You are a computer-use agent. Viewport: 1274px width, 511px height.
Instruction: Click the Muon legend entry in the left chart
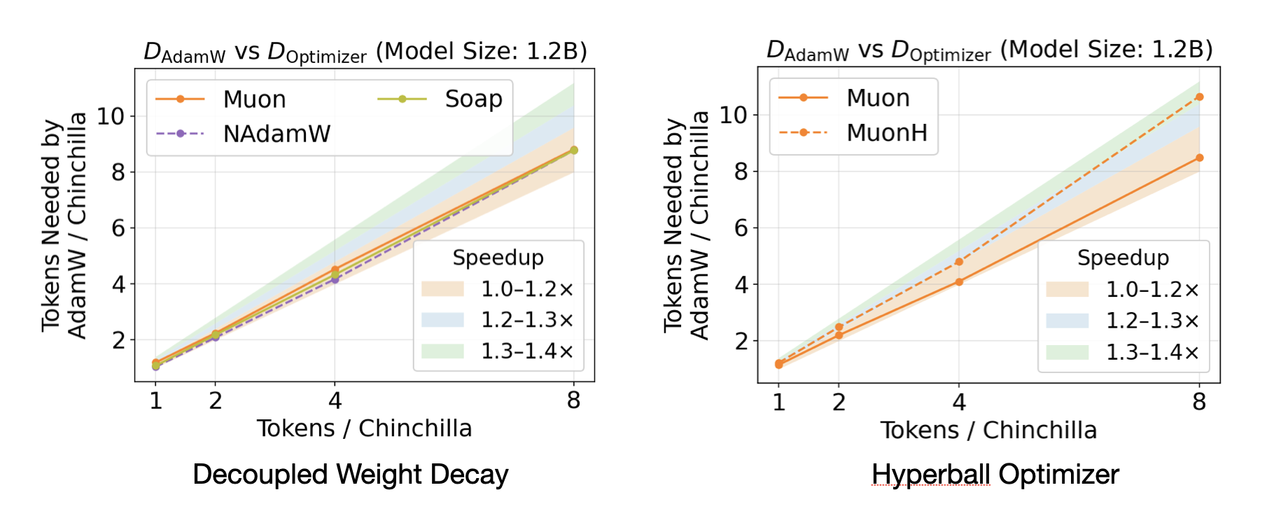[254, 99]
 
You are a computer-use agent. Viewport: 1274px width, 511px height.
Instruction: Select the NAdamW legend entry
[276, 133]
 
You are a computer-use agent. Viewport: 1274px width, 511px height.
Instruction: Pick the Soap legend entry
[473, 99]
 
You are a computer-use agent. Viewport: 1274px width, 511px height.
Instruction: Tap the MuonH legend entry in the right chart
[886, 132]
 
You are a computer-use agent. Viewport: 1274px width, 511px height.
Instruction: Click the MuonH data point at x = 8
[1199, 97]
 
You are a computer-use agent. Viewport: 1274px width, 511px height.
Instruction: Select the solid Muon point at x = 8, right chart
[1199, 158]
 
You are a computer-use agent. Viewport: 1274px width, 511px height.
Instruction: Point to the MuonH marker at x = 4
[959, 262]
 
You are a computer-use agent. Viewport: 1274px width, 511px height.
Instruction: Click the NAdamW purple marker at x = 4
[335, 280]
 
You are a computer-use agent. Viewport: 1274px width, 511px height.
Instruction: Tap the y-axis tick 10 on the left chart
[111, 116]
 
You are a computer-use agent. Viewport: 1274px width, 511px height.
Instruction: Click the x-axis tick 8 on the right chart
[1199, 402]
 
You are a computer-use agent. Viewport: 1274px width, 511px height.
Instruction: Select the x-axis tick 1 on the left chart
[155, 400]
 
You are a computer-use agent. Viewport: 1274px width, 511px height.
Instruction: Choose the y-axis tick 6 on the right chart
[741, 227]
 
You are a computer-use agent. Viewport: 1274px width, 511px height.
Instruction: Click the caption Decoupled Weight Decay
[350, 475]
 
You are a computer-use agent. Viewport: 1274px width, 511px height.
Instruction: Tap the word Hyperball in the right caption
[930, 475]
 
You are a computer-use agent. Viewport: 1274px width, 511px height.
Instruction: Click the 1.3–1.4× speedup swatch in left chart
[442, 351]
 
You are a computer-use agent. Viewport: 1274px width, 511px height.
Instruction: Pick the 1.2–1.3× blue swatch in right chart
[1067, 321]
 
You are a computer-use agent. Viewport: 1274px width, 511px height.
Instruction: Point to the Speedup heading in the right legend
[1122, 258]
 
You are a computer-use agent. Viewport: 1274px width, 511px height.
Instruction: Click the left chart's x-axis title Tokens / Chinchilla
[364, 428]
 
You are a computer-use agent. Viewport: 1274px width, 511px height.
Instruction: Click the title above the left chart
[365, 52]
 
